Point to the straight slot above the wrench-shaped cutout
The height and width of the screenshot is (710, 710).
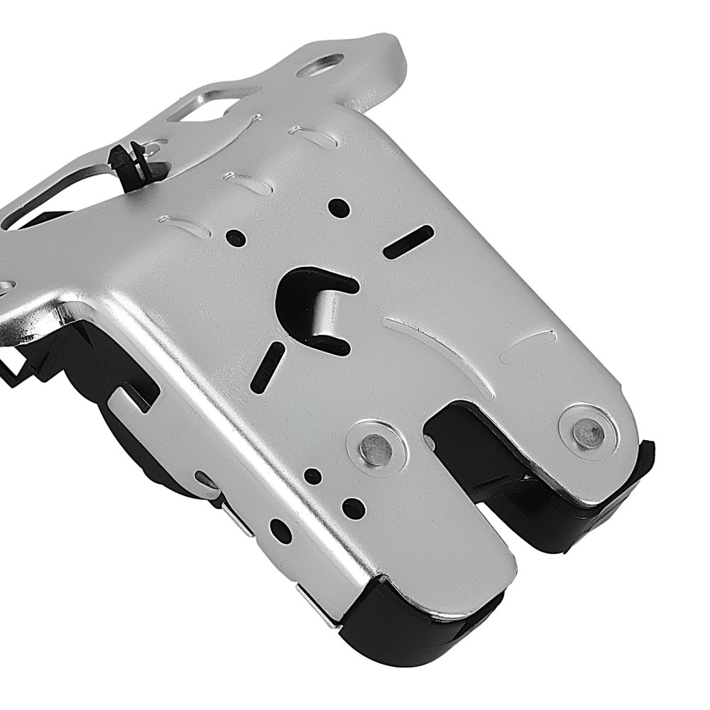pyautogui.click(x=408, y=241)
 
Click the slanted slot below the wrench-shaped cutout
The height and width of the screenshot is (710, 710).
pyautogui.click(x=272, y=362)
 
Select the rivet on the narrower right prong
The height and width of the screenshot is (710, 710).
pyautogui.click(x=586, y=429)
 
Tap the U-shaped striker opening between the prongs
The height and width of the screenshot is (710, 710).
pyautogui.click(x=483, y=469)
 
